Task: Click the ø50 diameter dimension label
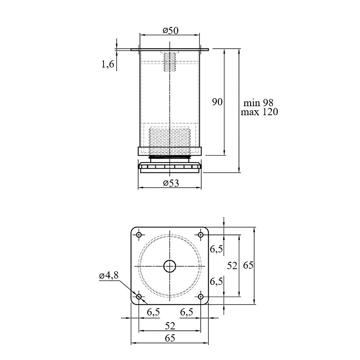point(171,31)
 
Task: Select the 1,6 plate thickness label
point(108,64)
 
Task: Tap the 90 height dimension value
point(217,102)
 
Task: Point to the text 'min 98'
point(258,103)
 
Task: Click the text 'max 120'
point(259,112)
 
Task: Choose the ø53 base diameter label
point(171,183)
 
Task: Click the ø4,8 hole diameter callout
point(109,275)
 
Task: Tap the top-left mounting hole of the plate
point(139,235)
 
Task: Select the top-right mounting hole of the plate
point(201,235)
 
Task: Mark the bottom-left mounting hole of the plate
point(139,297)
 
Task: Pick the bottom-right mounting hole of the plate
point(201,297)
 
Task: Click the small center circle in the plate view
point(170,266)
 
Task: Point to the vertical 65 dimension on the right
point(248,265)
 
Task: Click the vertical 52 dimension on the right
point(232,265)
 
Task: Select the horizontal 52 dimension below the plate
point(170,326)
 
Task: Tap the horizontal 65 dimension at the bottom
point(170,338)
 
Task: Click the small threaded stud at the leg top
point(170,62)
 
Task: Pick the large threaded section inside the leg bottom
point(170,141)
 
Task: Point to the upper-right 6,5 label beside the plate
point(216,249)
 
